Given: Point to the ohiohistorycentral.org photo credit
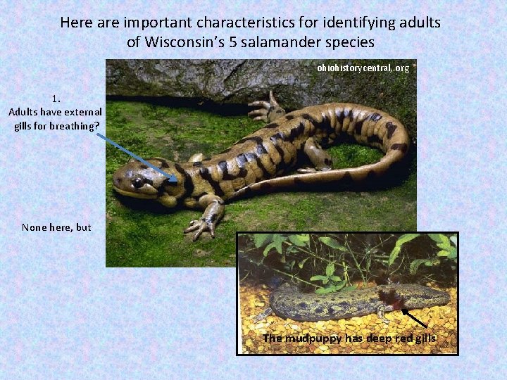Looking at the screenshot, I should click(x=363, y=68).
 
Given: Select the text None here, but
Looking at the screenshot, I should click(x=56, y=227).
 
